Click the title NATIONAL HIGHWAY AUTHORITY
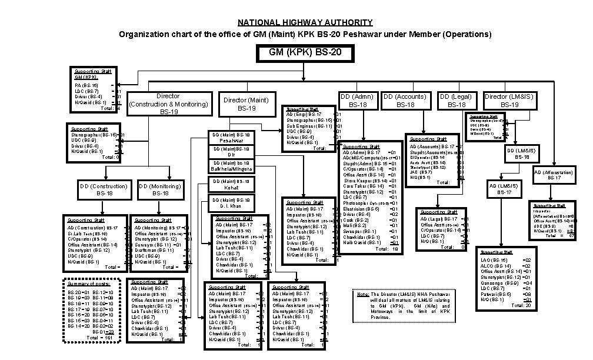(305, 22)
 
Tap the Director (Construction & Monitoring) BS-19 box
(169, 104)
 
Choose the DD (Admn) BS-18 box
(358, 100)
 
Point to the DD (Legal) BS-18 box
(457, 100)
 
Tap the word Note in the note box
(363, 294)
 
